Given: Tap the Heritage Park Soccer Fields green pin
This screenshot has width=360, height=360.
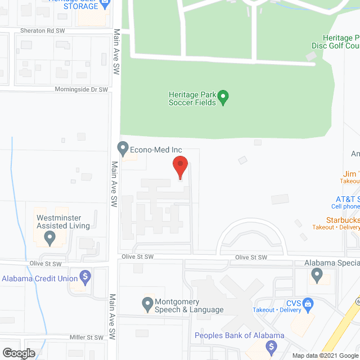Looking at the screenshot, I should pos(223,98).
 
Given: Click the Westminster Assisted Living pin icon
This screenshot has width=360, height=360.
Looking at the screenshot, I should pos(50,239).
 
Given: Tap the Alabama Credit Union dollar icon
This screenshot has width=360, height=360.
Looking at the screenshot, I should pos(85,277).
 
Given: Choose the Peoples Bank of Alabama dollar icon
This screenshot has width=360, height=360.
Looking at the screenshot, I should pos(272,346).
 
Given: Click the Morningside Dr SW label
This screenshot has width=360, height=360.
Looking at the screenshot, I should pos(81,89).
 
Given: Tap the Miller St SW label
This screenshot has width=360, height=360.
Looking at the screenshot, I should pos(87,337).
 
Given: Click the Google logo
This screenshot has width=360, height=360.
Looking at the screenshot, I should pos(18,353).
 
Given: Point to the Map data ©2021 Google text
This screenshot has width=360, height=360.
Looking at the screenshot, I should pos(325,355).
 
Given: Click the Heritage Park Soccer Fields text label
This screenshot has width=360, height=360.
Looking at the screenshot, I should pos(192,98).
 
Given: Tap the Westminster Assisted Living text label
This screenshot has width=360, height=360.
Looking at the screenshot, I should pos(63,222).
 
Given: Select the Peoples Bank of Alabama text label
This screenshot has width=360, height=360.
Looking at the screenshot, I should pos(239,336).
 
